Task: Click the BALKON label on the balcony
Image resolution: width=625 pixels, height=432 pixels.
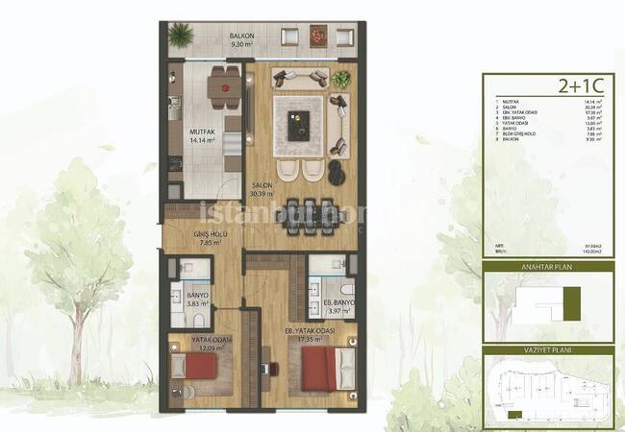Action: point(240,36)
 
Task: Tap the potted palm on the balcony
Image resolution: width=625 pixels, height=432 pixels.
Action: point(180,36)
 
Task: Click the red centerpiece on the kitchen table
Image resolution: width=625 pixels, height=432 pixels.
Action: point(225,87)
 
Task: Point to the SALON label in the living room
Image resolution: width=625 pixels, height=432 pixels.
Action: point(261,185)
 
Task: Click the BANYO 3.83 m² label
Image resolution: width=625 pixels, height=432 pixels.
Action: point(199,300)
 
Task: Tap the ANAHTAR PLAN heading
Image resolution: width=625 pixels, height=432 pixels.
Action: point(547,268)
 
